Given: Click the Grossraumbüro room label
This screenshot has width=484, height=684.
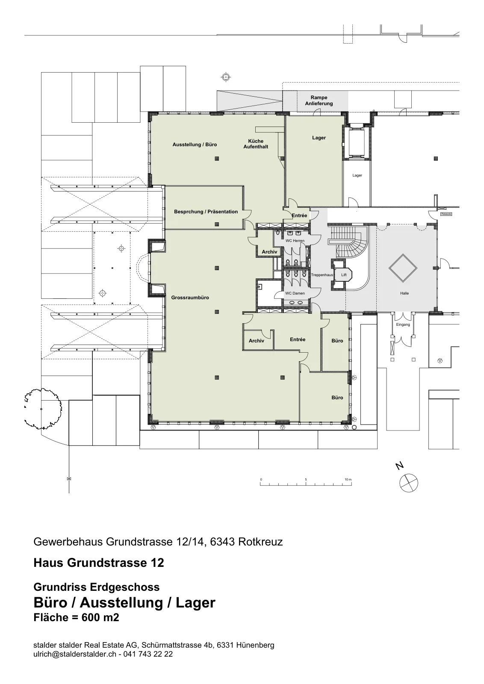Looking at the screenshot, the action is pos(190,298).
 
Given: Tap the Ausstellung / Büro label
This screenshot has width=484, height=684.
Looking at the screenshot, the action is pos(195,144).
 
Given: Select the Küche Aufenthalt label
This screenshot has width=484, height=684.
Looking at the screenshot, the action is pos(256,144).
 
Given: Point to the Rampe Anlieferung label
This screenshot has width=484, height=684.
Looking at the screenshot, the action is pos(319,100).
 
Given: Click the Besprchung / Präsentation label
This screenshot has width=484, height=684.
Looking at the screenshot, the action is pos(206,212).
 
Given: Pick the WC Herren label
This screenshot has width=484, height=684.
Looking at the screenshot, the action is pos(295,241).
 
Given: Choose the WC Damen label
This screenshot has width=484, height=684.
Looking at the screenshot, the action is pos(295,293).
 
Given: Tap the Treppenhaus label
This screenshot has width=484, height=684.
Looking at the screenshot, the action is pos(322,275).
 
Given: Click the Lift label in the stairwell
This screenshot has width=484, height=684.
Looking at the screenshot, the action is pos(344,275).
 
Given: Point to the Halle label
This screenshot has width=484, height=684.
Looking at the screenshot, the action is pos(404,293).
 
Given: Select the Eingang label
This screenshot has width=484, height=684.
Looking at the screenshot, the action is pos(403,324).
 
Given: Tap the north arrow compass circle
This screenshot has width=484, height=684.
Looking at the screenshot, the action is pos(409,483).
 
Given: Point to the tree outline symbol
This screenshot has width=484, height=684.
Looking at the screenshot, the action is pos(43,409).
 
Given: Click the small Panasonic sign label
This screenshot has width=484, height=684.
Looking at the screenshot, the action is pos(446,214).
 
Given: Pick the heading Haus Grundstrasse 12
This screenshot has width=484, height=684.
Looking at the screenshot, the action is pos(99,563).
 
